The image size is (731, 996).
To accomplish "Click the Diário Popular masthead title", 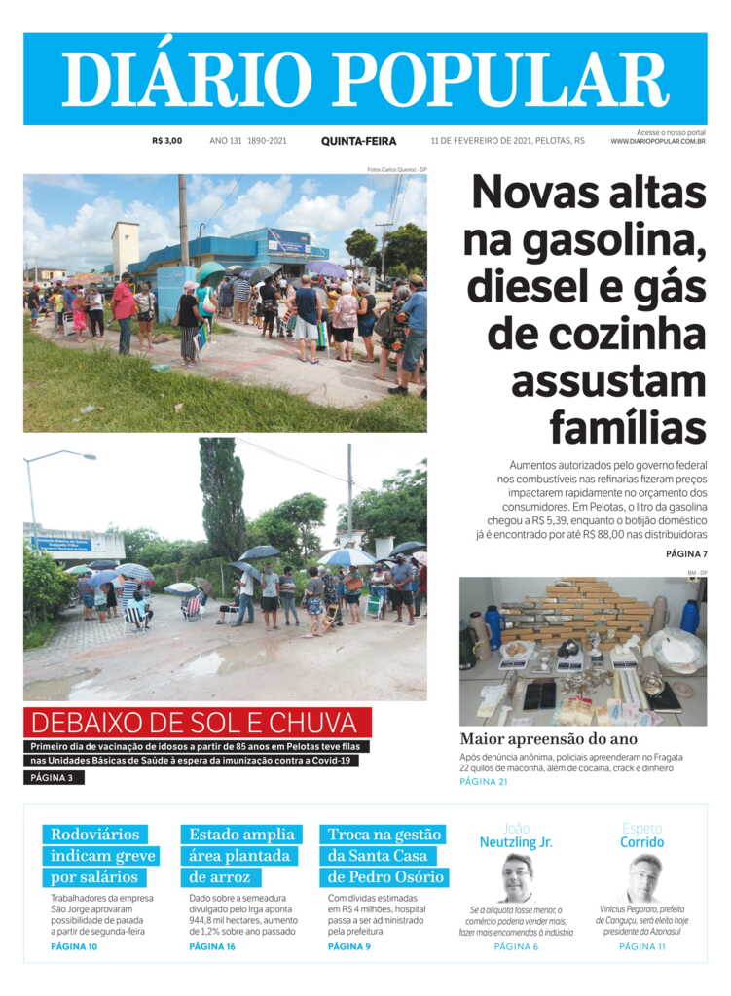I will (365, 78).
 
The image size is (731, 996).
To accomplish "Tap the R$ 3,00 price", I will (166, 141).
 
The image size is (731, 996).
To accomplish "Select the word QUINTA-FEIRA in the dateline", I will (358, 141).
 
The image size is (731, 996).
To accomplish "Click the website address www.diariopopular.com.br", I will (658, 142).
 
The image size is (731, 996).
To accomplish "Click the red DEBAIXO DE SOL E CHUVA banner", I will (198, 723).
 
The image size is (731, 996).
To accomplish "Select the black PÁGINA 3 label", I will (54, 777).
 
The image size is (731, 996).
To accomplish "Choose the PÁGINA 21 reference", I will (484, 781).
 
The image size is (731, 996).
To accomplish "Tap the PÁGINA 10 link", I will (74, 946).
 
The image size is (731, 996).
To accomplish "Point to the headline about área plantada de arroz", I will (241, 856).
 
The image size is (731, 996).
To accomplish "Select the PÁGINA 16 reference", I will (212, 946).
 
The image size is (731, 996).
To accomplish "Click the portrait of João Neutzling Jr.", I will (516, 877).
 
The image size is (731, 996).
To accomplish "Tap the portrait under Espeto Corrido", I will (643, 877).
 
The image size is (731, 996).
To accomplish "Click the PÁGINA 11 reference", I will (642, 946).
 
